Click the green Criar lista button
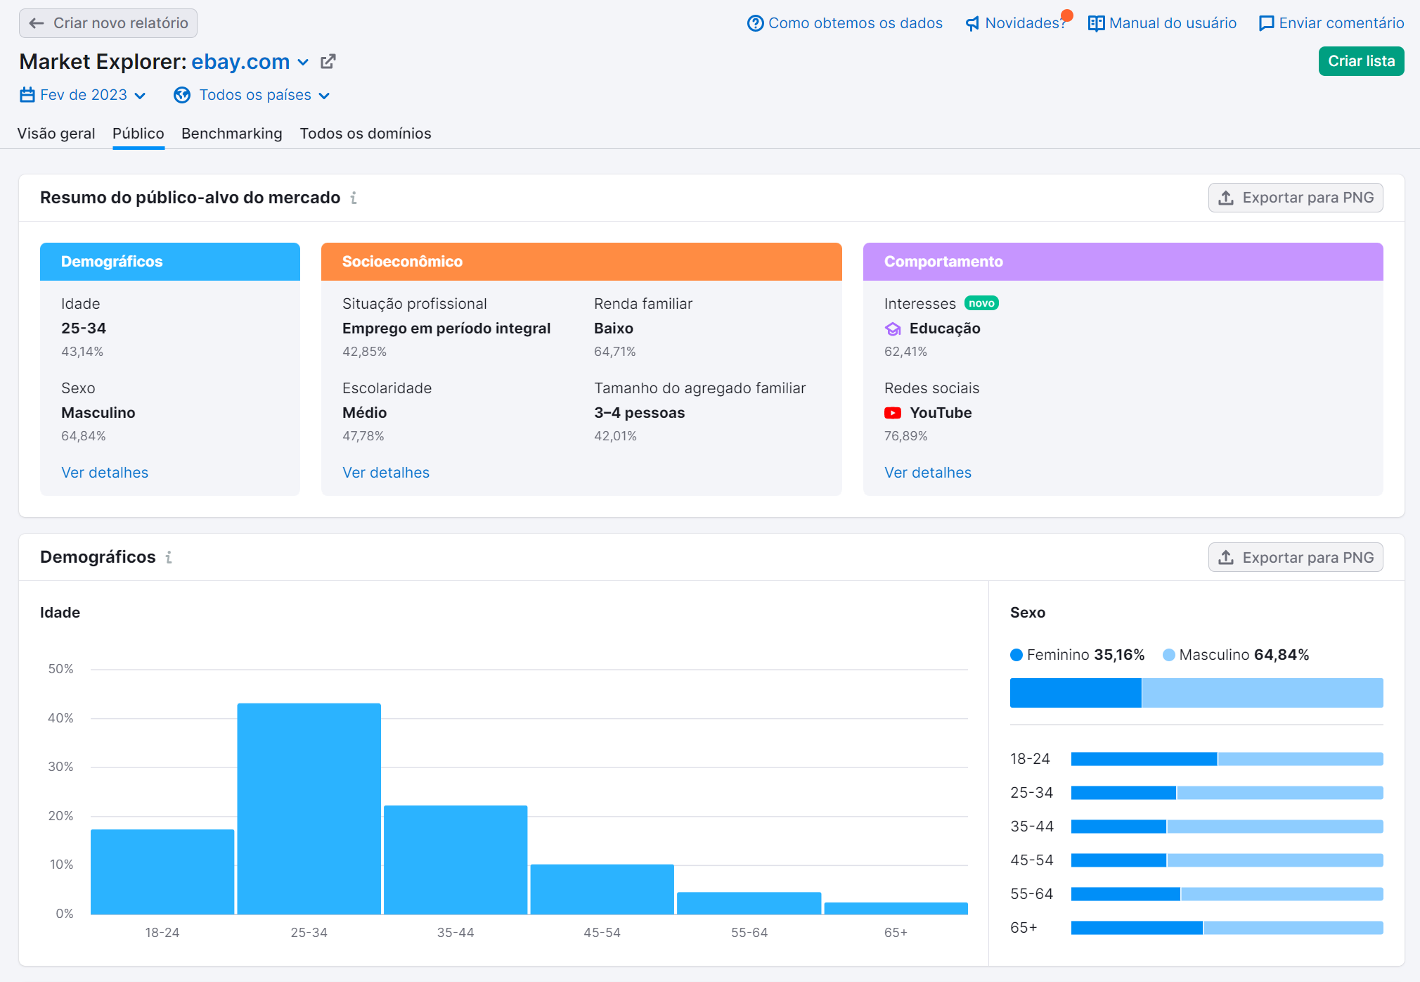(x=1360, y=61)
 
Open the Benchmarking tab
(x=231, y=134)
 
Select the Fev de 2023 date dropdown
(x=83, y=95)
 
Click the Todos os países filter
(x=252, y=95)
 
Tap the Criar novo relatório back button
(x=108, y=23)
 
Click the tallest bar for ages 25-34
(x=309, y=809)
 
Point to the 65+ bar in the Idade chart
(x=896, y=908)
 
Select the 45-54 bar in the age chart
(x=602, y=889)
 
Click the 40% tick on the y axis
(x=60, y=718)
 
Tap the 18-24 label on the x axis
(x=162, y=933)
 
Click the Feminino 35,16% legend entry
(x=1078, y=655)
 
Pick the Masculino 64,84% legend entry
(x=1236, y=655)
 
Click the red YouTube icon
(x=893, y=413)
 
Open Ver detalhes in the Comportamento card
(x=927, y=473)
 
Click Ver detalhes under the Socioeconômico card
(x=386, y=473)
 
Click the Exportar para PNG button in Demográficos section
(x=1295, y=557)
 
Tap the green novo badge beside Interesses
(x=981, y=303)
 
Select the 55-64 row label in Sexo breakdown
(x=1031, y=894)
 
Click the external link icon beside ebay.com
(x=328, y=62)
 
